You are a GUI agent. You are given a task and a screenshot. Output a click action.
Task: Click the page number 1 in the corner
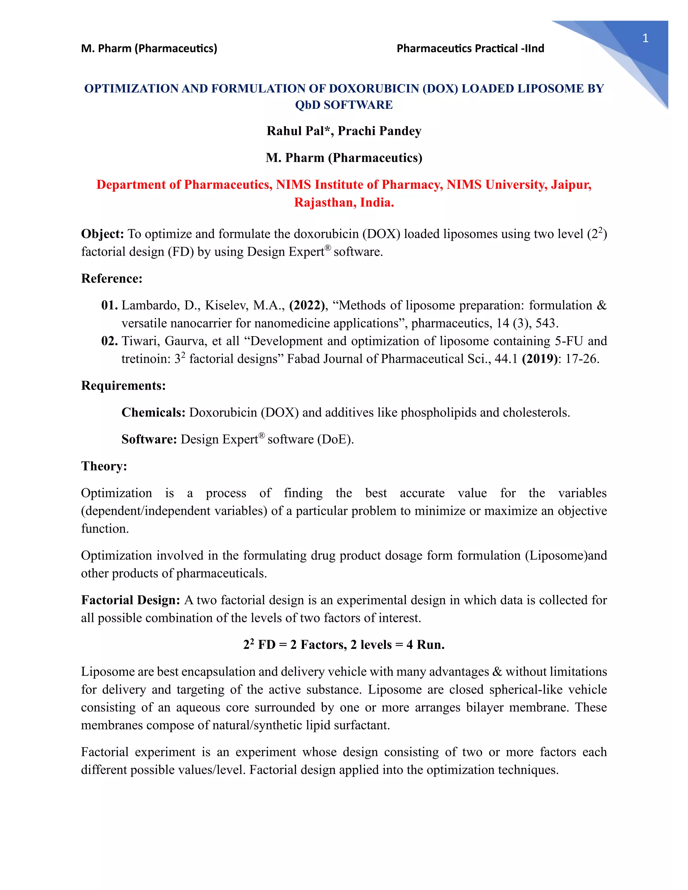645,38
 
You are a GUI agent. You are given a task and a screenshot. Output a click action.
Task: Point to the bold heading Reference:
112,278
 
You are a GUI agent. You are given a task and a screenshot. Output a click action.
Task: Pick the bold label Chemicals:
153,412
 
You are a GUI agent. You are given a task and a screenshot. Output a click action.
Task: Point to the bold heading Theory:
104,466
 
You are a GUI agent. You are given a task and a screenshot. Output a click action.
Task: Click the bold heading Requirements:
123,386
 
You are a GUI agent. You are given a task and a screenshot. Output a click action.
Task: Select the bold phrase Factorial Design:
130,600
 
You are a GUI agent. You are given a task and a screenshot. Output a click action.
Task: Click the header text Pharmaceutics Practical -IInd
470,48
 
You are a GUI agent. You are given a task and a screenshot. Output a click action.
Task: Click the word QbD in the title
307,105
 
